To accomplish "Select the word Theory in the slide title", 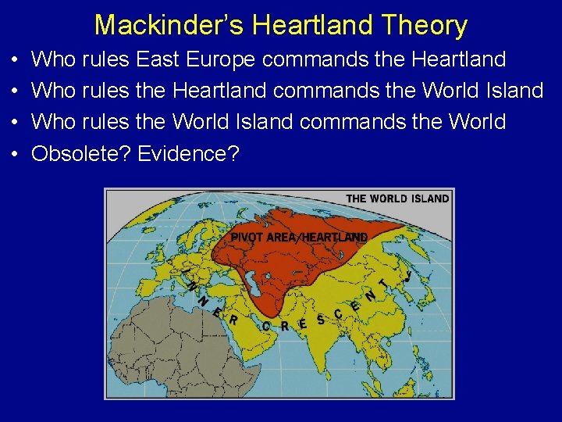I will [x=425, y=25].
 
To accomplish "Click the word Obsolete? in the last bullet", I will [x=80, y=154].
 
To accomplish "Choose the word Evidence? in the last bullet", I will [x=187, y=154].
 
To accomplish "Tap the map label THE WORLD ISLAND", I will [x=397, y=198].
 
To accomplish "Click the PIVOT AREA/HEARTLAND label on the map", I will [x=299, y=237].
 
